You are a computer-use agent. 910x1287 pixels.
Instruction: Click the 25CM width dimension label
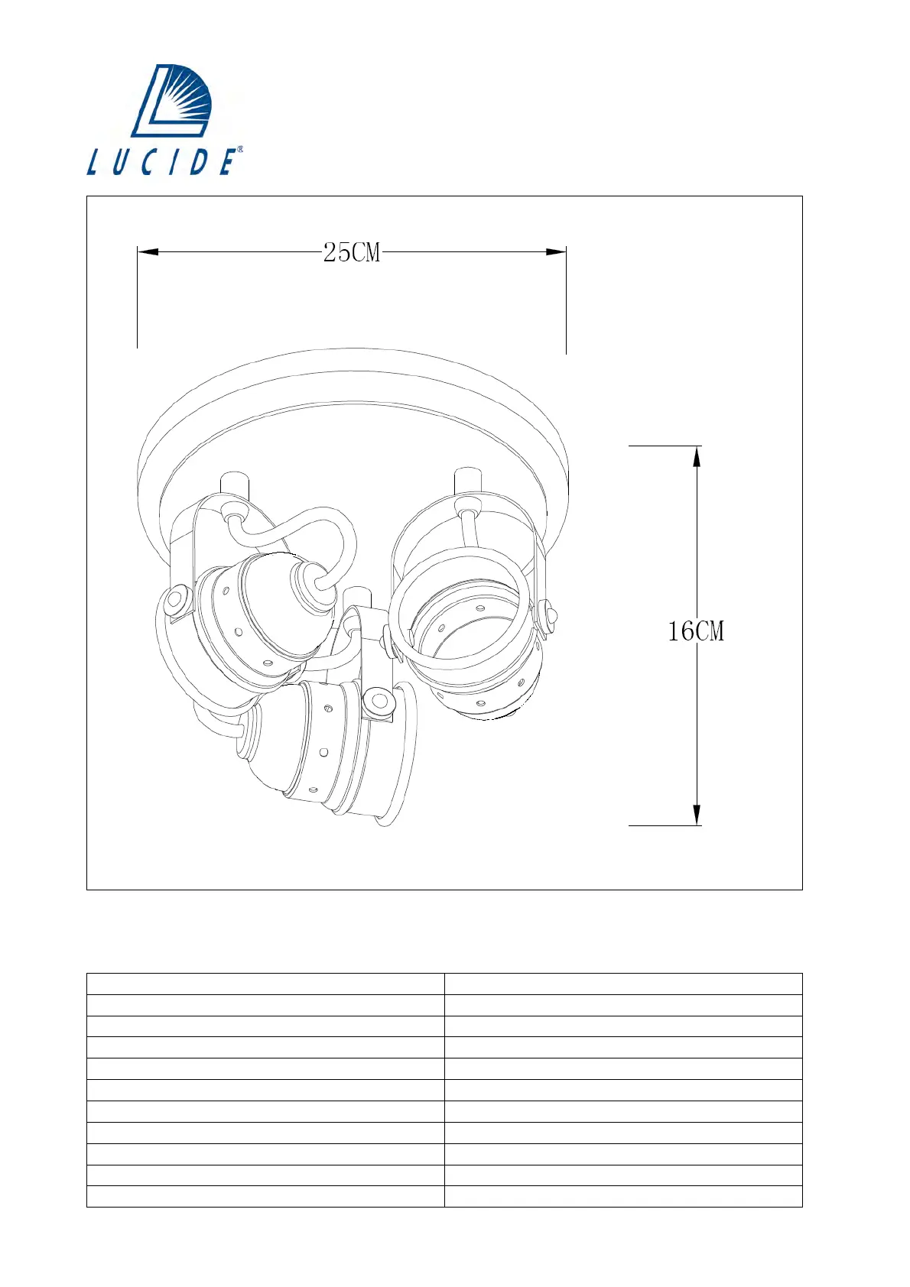(352, 252)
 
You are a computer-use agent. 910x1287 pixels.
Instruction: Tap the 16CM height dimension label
(696, 631)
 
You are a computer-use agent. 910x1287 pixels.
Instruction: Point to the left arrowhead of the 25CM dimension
(148, 251)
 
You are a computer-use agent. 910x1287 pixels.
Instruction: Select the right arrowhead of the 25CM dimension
(556, 251)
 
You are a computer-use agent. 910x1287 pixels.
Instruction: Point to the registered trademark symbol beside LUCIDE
(239, 149)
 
